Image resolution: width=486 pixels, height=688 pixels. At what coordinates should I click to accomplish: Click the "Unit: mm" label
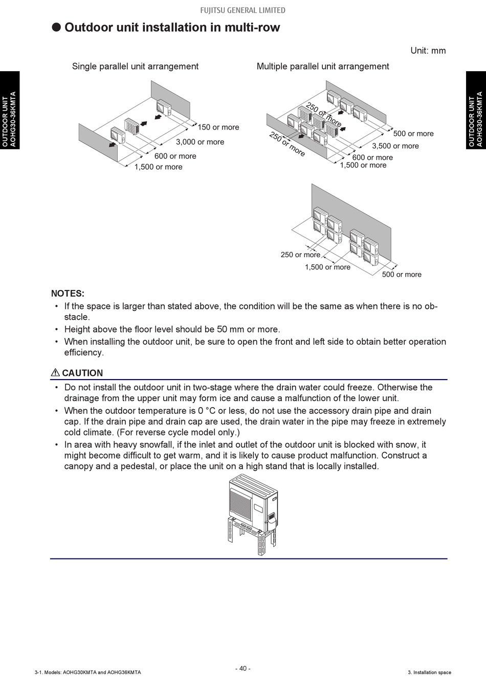[428, 51]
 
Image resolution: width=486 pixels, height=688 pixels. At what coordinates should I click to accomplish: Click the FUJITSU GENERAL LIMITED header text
[242, 10]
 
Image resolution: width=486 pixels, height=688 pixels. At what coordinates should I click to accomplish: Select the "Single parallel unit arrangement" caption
[135, 66]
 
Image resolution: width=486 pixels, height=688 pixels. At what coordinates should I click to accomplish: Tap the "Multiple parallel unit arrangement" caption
[322, 66]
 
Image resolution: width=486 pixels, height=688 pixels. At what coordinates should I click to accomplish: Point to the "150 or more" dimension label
[218, 127]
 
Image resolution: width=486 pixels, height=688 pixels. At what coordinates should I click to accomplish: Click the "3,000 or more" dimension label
[200, 142]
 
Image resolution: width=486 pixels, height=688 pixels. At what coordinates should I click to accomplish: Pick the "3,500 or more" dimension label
[395, 146]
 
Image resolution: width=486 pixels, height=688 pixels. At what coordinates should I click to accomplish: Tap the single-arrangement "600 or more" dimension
[175, 156]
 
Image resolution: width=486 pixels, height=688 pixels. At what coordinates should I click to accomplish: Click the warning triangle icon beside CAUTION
[55, 373]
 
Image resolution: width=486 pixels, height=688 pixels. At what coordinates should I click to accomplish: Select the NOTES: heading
[68, 294]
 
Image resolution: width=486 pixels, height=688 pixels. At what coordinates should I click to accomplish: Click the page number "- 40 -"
[242, 669]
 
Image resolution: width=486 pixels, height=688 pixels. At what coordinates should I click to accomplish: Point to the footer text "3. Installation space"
[429, 673]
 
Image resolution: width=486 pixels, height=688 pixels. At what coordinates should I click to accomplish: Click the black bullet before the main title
[56, 27]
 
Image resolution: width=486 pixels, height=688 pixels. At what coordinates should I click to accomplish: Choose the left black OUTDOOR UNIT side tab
[10, 110]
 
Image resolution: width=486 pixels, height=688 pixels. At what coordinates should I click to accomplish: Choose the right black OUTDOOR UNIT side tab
[476, 110]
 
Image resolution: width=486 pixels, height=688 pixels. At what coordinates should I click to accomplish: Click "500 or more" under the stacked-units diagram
[402, 275]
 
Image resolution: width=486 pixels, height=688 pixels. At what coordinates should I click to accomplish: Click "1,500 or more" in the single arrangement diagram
[158, 167]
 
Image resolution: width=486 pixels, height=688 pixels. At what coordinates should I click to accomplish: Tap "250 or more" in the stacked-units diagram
[300, 255]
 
